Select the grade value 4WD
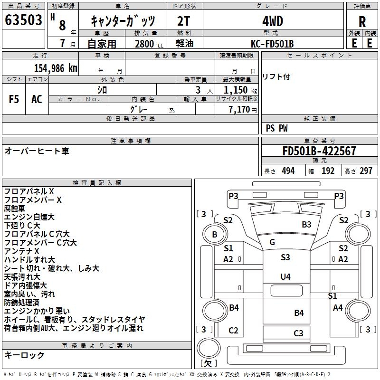tap(273, 21)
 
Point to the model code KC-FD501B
tap(273, 44)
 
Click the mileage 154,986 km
tap(56, 68)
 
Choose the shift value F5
tap(14, 99)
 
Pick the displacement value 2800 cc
tap(148, 44)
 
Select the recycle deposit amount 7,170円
tap(242, 110)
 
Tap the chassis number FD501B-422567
tap(319, 151)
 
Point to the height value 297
tap(366, 171)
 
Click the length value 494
tap(288, 171)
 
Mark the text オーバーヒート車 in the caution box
tap(37, 151)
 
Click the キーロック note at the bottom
tap(24, 355)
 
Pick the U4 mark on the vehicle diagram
tap(285, 276)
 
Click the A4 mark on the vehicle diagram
tap(338, 308)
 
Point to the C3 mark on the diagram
tap(298, 333)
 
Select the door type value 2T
tap(185, 21)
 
